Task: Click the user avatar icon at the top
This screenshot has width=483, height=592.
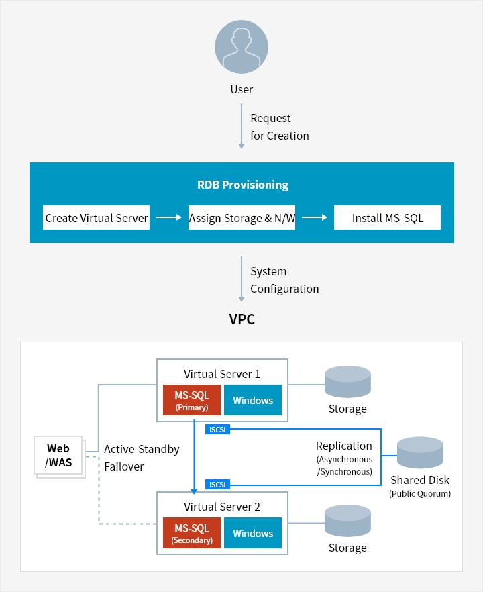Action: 241,46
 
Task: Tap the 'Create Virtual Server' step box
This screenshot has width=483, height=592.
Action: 96,218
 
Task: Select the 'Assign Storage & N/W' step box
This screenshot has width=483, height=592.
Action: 241,218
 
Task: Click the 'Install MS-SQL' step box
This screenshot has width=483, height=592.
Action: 387,218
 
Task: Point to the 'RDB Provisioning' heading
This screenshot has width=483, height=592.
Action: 242,185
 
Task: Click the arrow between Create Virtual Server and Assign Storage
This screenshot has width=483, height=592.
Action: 168,218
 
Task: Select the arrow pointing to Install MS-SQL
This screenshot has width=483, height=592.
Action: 314,218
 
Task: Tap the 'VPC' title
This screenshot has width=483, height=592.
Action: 241,319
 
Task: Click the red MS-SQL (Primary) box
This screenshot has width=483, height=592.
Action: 191,401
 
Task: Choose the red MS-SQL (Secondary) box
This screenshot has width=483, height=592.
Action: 191,533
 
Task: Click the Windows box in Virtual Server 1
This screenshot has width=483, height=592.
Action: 253,401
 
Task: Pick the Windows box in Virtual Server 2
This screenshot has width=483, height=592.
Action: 253,533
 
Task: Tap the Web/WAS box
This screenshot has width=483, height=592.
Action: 58,456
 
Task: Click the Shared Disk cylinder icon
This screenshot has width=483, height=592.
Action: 420,453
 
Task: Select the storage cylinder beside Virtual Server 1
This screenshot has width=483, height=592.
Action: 347,383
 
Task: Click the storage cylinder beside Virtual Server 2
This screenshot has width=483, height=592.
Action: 347,522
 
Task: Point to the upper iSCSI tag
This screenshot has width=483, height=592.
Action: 217,430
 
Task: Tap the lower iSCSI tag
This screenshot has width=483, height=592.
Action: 217,485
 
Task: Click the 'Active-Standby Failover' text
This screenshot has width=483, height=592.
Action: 142,458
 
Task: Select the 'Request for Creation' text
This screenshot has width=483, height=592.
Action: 279,127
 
